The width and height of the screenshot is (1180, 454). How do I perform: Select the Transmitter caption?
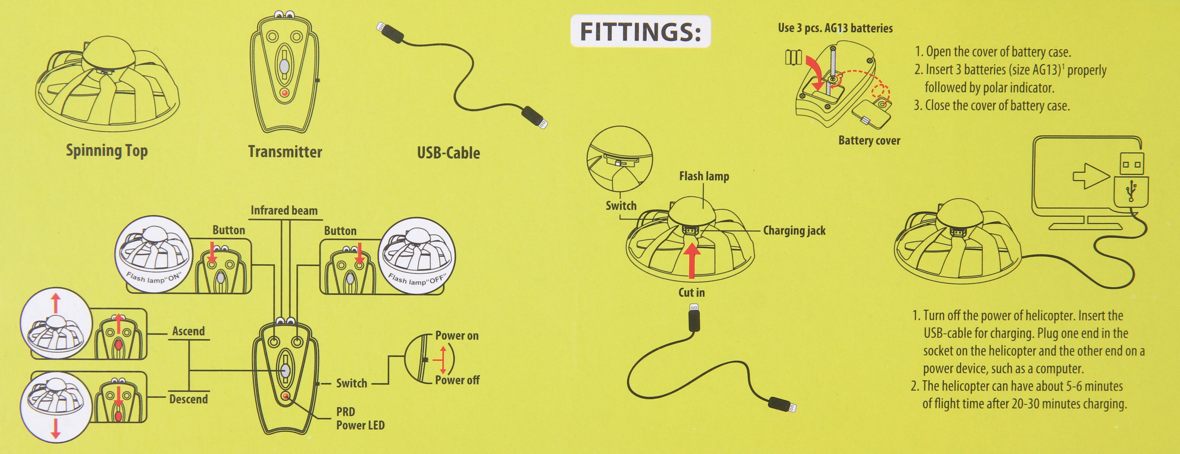tap(285, 151)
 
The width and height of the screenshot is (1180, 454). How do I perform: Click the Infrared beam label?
tap(284, 210)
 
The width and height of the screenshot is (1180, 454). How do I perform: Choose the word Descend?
tap(188, 399)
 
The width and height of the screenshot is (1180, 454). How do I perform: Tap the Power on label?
tap(457, 335)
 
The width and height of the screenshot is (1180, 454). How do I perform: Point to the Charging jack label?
tap(794, 231)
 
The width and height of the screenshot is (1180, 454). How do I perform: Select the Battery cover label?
tap(869, 141)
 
